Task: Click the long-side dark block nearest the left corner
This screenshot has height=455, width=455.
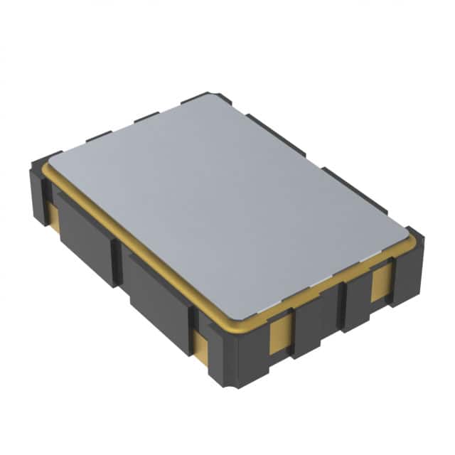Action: point(85,238)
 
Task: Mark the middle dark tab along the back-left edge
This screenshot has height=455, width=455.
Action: point(146,118)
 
